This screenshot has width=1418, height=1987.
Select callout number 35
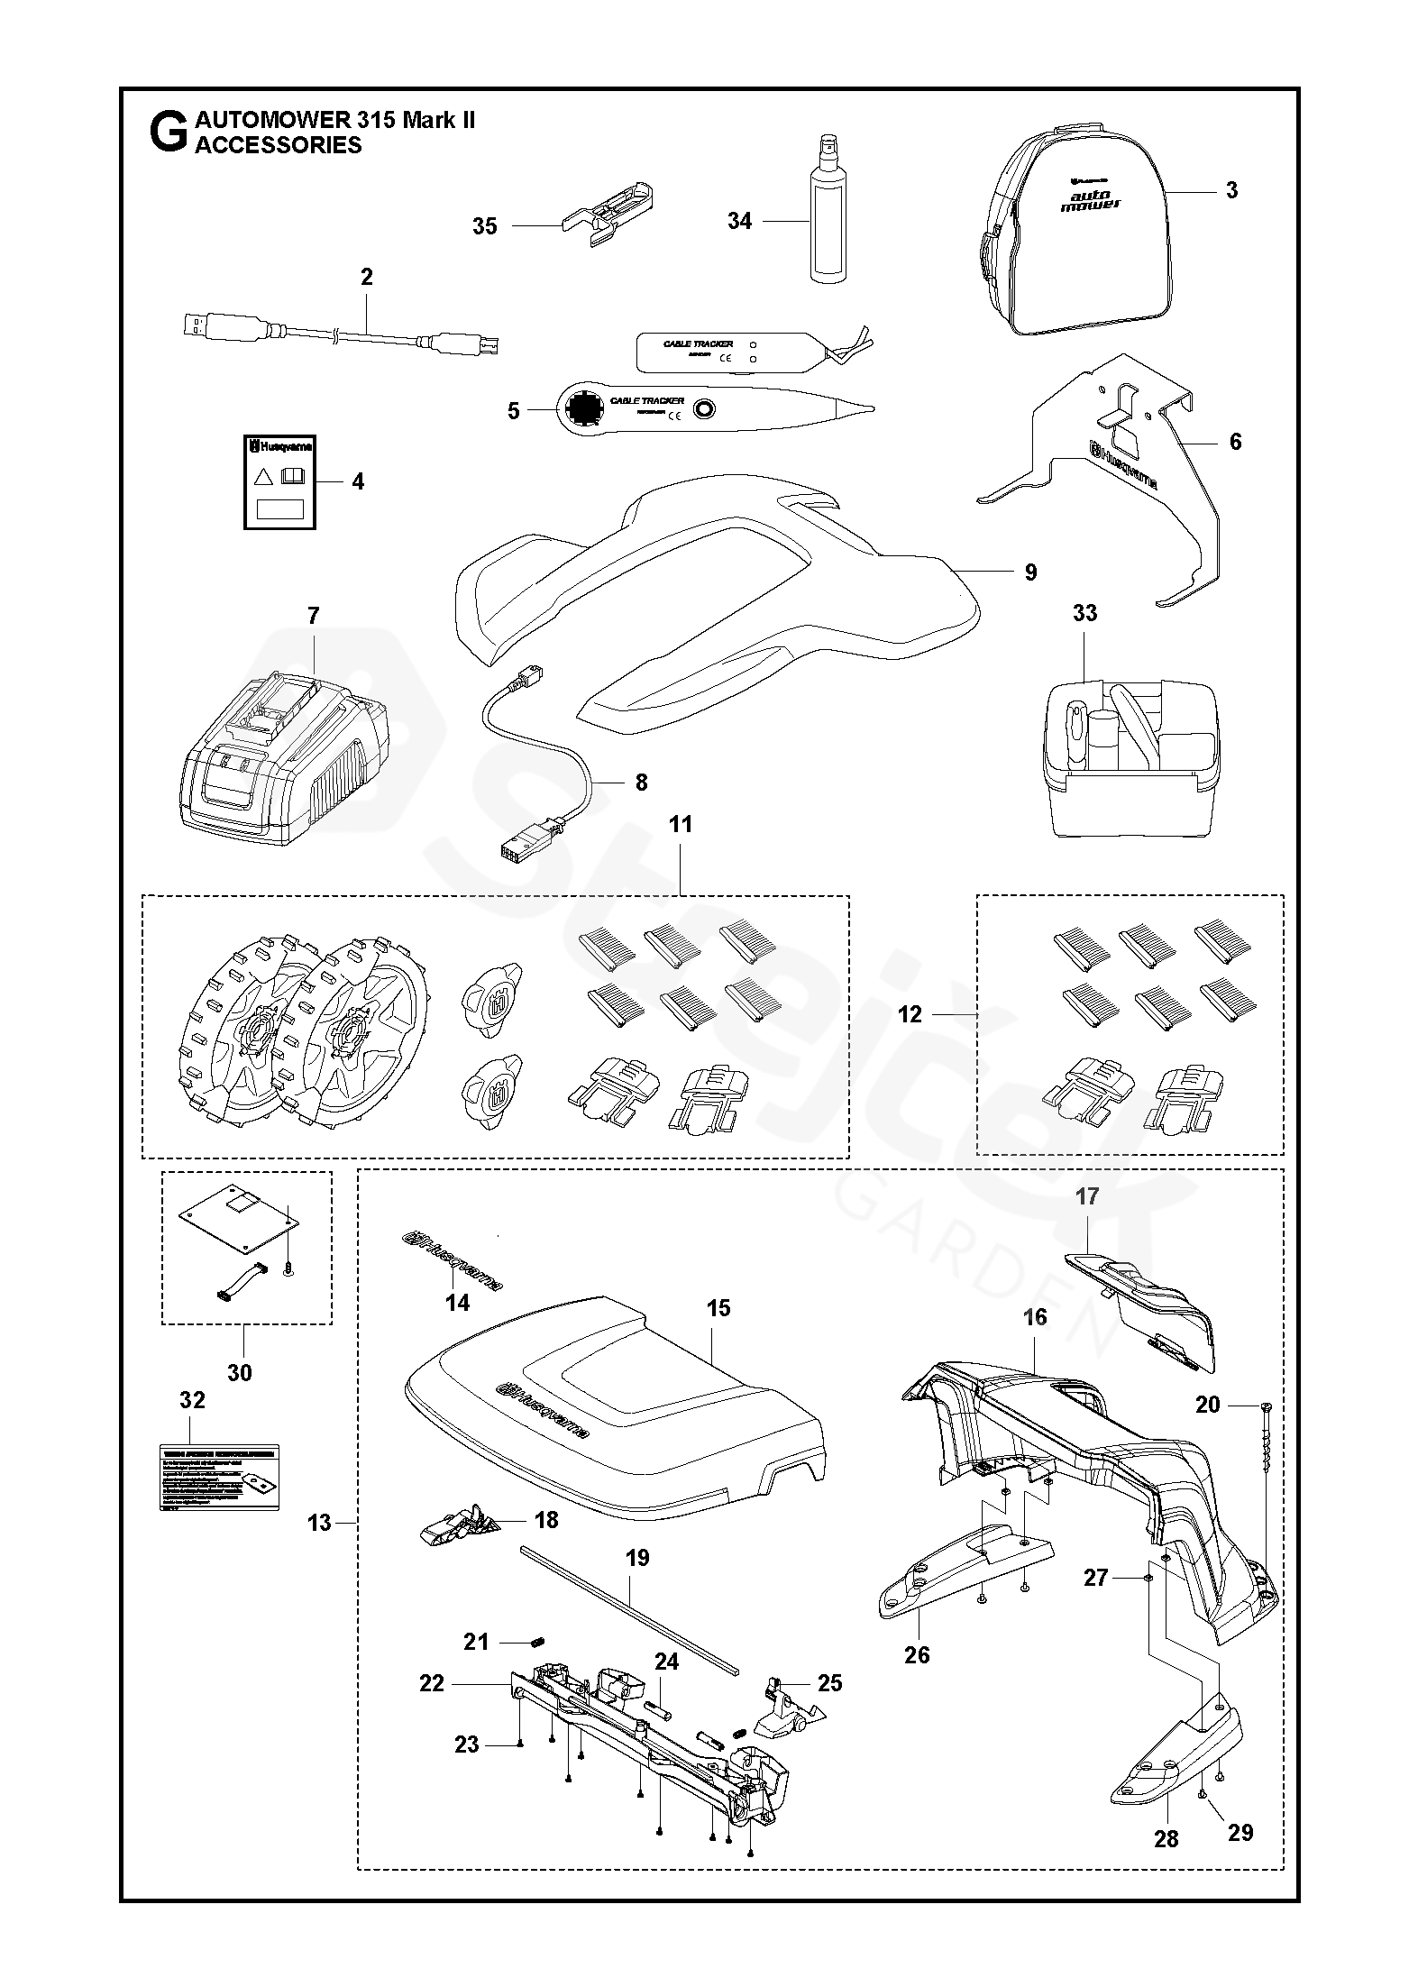click(485, 226)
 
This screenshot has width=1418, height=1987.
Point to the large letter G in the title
click(168, 133)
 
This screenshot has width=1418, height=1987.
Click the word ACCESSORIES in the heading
click(279, 145)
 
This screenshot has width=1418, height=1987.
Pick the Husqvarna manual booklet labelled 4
click(279, 482)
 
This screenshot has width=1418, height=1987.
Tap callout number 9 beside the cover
click(1030, 572)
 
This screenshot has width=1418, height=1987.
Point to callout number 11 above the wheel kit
click(681, 824)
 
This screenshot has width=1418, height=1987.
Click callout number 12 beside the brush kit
click(910, 1015)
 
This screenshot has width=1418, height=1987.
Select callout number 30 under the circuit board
click(239, 1372)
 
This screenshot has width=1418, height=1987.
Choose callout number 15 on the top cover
click(718, 1308)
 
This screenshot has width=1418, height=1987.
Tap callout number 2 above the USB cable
click(366, 277)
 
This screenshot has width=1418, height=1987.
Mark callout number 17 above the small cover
click(1087, 1196)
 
